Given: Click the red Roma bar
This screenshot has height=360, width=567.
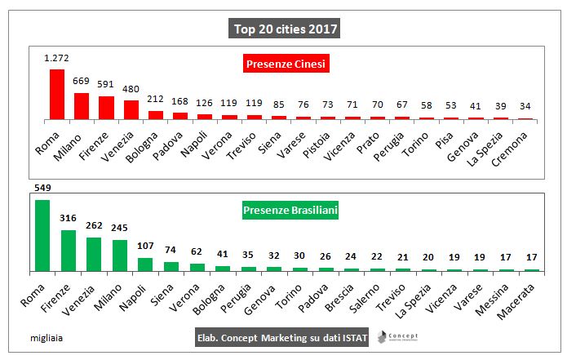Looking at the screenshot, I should [57, 95].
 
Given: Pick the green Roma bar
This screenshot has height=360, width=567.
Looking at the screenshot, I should [42, 235].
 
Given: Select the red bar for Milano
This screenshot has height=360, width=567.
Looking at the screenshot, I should [82, 106].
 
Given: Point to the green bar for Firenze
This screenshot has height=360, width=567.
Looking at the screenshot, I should [68, 250].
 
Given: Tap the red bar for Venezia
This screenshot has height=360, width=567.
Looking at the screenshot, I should [131, 110].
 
